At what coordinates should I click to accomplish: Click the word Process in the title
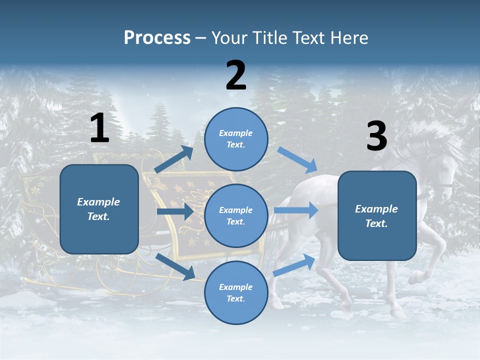(157, 37)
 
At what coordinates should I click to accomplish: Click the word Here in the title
(347, 38)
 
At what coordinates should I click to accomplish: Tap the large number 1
(99, 128)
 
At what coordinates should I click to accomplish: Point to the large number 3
(376, 136)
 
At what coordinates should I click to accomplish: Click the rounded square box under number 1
(99, 209)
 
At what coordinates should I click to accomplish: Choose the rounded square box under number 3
(377, 215)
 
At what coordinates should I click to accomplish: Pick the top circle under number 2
(236, 139)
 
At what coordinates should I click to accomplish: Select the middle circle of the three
(236, 215)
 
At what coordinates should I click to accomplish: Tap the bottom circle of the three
(236, 292)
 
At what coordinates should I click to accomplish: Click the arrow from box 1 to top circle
(174, 159)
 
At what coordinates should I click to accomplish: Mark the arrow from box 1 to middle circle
(174, 211)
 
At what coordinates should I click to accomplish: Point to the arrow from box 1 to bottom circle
(175, 267)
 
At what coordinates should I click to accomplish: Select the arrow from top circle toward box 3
(297, 159)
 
